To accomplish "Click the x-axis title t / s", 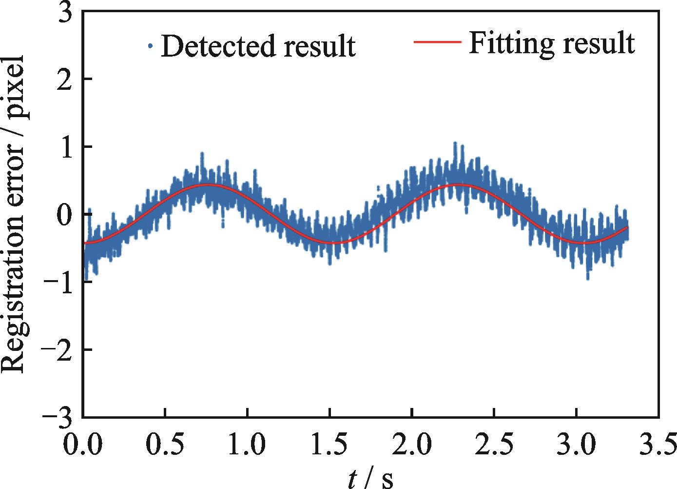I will [370, 477].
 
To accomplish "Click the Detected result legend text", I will [258, 46].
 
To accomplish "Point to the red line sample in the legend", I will [437, 42].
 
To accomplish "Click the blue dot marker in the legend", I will [151, 46].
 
